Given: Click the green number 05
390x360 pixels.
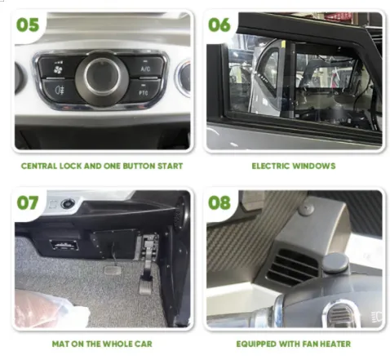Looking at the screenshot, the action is pos(28,25).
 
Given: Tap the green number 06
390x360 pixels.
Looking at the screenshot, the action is pos(219,25).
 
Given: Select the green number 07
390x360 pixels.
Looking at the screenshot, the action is pos(28,202).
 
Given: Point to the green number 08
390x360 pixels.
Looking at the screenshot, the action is pos(219,202).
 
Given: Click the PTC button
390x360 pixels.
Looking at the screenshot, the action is pos(144,91).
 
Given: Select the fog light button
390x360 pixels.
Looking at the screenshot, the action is pos(60,91).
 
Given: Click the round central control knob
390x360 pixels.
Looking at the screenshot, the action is pos(102,77).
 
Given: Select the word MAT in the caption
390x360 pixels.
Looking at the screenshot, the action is pos(61,344).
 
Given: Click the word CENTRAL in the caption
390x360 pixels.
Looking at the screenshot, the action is pos(39,166).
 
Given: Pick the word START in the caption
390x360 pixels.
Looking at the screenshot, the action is pos(171,166).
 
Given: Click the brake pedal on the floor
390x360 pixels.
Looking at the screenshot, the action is pos(112,270).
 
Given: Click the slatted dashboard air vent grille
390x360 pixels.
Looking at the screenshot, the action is pos(292,268).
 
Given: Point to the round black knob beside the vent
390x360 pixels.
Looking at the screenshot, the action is pos(335,263).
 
